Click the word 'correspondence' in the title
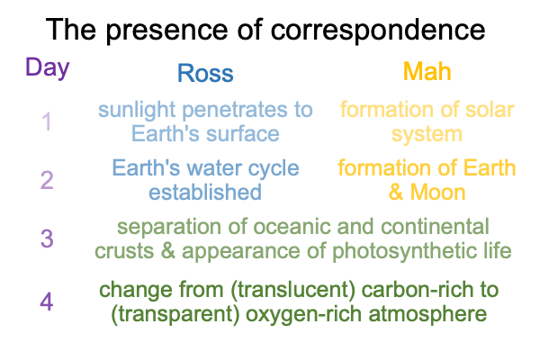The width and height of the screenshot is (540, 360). tap(378, 31)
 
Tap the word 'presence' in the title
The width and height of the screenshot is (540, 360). tap(166, 31)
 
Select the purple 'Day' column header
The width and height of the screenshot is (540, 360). tap(48, 67)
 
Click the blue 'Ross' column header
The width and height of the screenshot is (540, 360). tap(205, 73)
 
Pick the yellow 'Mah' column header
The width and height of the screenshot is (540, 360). tap(427, 72)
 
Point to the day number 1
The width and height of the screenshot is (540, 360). tap(47, 121)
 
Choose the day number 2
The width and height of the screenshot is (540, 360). tap(47, 180)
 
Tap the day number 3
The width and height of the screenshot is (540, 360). tap(47, 238)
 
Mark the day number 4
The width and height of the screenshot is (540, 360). tap(47, 301)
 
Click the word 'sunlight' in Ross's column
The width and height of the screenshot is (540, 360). tap(137, 111)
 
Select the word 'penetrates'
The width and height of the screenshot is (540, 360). tap(235, 111)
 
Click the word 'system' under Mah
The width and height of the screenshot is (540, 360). tap(427, 135)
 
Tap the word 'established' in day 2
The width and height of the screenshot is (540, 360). tap(205, 193)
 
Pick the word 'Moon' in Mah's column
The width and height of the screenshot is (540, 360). tap(437, 193)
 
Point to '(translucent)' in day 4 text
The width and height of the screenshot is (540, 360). tap(293, 290)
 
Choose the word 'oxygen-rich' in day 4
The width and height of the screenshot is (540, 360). tap(303, 315)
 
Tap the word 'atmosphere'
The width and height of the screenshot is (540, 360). tap(427, 314)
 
